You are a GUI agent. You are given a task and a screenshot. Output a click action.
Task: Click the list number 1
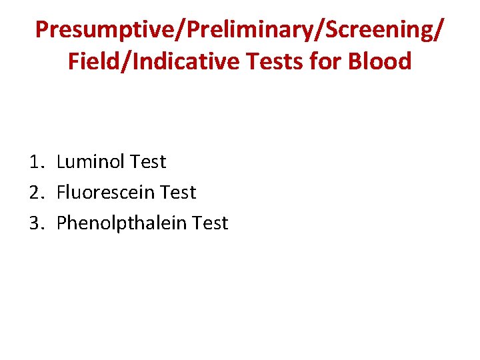coord(36,162)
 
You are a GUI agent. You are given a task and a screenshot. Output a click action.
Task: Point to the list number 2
coord(36,193)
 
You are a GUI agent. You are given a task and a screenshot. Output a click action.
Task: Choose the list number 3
coord(36,223)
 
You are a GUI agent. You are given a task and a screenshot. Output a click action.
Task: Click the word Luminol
coord(91,162)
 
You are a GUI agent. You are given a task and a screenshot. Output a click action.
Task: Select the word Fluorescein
coord(106,193)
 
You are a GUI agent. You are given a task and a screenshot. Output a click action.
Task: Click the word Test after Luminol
coord(148,162)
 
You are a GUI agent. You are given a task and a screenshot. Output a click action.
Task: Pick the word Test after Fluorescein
coord(179,193)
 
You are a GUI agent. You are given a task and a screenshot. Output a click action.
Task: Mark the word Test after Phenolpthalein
coord(210,223)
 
